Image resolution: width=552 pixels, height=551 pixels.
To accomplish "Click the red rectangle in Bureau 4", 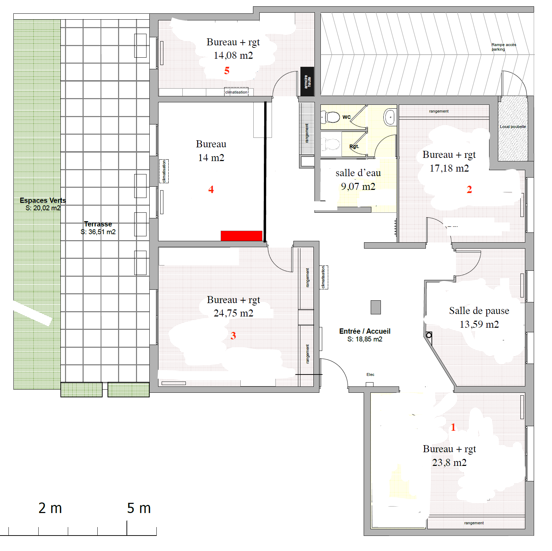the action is point(241,236).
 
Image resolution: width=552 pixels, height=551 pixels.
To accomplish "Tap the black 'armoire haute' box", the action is point(307,81).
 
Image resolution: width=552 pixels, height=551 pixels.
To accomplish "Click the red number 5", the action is point(227,71).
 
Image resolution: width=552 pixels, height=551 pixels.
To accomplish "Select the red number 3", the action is point(233,335).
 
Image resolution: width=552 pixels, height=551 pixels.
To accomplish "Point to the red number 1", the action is point(453,427).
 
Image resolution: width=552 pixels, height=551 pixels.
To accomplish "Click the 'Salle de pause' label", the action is point(479,311).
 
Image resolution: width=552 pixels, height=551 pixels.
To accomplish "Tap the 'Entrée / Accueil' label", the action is point(365,331).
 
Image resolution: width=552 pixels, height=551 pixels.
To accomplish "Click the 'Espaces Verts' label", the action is point(43,200).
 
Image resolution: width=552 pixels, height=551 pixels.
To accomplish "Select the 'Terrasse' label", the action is point(98,224).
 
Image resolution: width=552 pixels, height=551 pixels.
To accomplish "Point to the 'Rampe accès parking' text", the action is point(504,47).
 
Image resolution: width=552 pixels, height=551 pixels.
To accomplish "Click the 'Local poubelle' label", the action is point(513,127).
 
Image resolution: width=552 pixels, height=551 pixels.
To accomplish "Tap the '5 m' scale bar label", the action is point(139,508).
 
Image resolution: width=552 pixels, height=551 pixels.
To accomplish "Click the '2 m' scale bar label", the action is point(50,508).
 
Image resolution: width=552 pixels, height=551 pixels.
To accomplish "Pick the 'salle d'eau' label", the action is point(358,173).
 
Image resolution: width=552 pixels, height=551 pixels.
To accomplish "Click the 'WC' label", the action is point(346,117).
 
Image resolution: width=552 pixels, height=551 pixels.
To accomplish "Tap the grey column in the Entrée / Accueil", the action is point(376,307).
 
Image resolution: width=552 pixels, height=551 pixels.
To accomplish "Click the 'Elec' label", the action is point(370,374).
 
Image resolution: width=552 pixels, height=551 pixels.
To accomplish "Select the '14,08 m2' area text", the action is point(233,56).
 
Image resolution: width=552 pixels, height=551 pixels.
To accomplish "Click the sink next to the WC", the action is point(390,117).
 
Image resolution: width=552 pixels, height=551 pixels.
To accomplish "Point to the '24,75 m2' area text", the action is point(233,313).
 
